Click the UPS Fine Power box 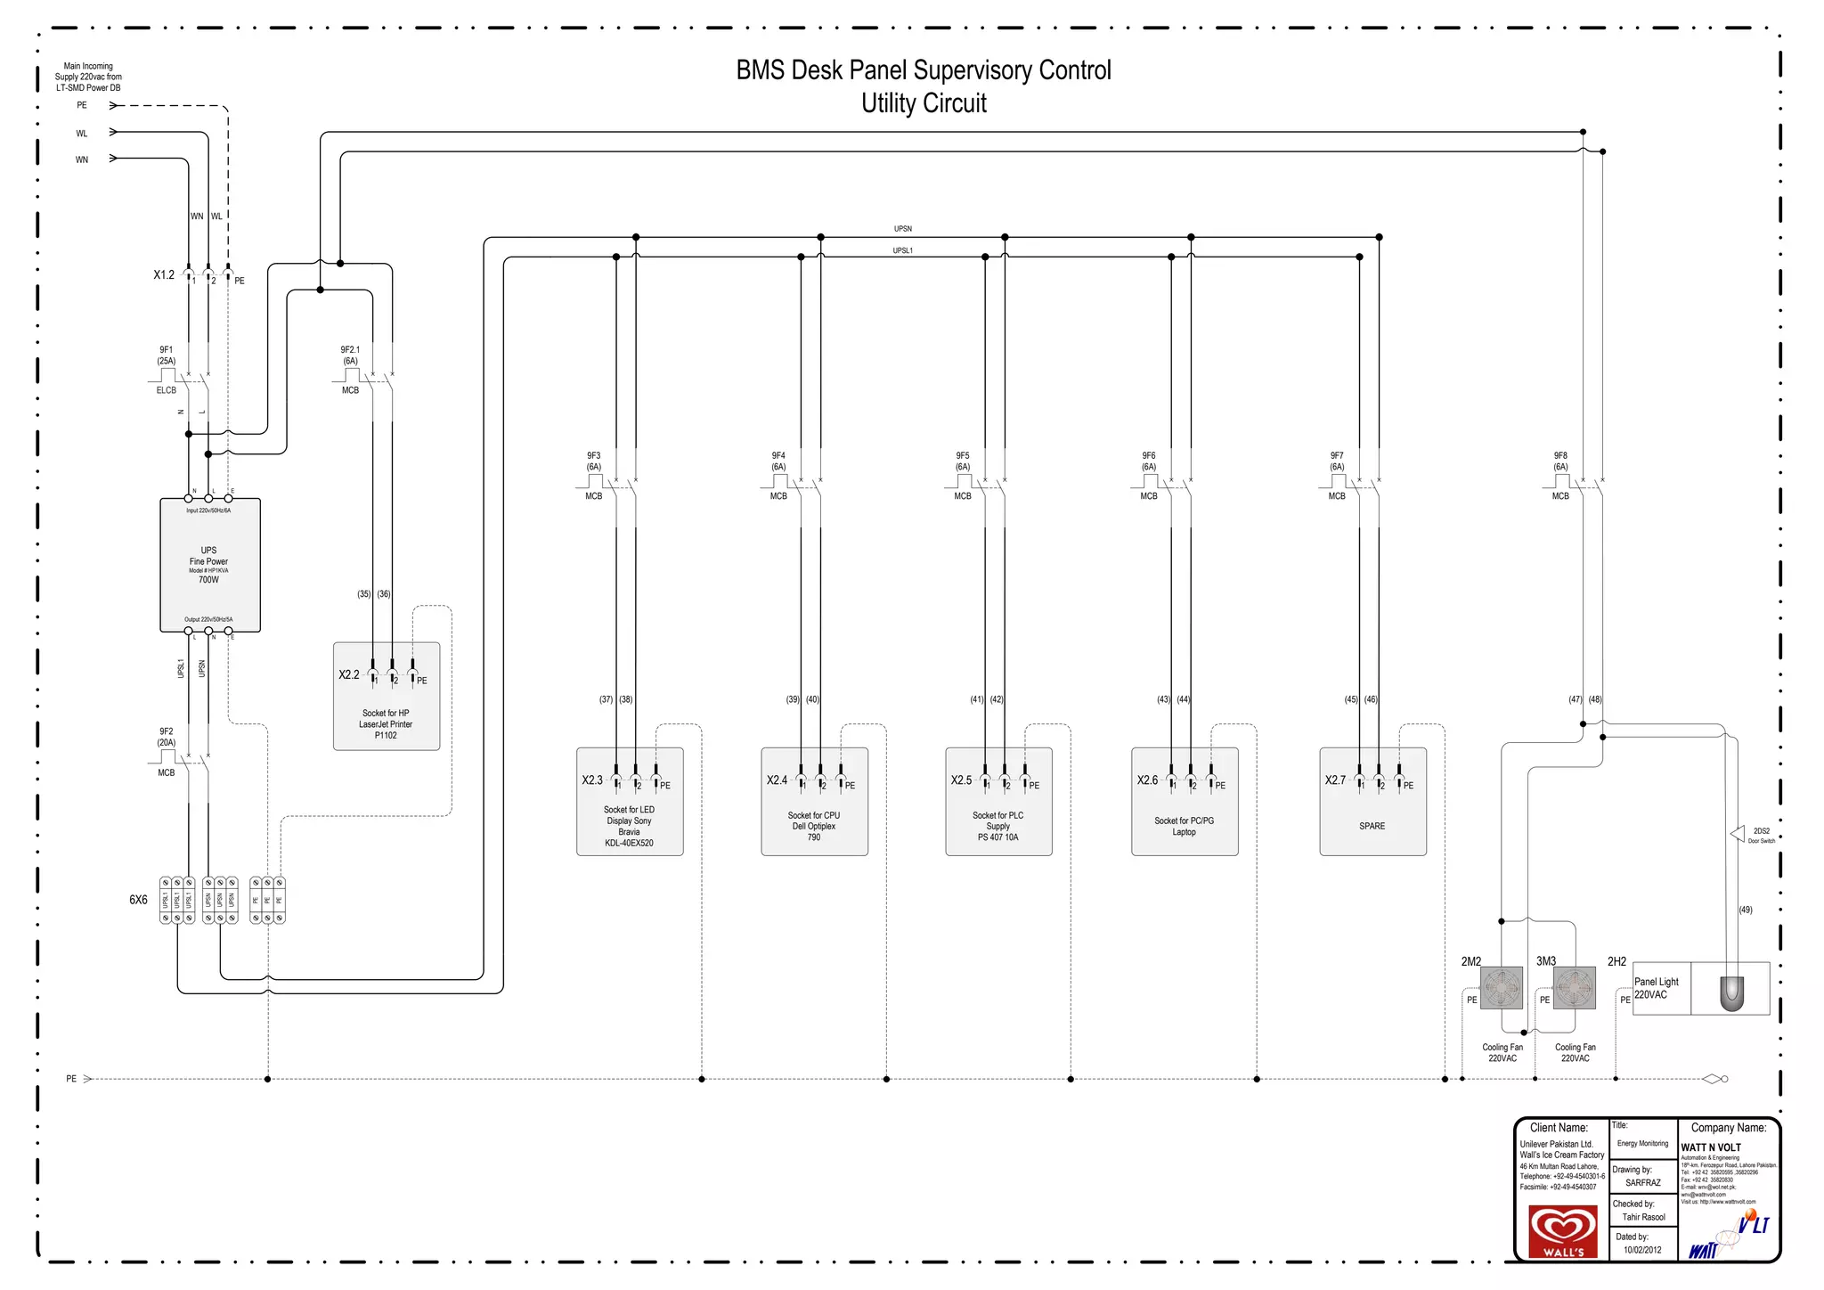(209, 565)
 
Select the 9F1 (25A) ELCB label (167, 355)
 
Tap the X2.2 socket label (349, 675)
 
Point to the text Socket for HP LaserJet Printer (386, 724)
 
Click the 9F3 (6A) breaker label (593, 461)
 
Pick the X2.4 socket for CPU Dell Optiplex (814, 802)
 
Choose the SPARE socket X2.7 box (1372, 802)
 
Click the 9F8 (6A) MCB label (1560, 461)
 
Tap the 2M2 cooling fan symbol (1502, 987)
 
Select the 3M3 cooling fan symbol (1575, 987)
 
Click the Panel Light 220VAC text (1656, 988)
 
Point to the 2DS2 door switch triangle (1738, 834)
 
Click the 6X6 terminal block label (138, 900)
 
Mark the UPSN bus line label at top (903, 229)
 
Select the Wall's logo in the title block (1563, 1231)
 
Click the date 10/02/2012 (1642, 1250)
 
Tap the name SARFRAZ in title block (1642, 1183)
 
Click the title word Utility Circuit (924, 103)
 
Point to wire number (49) (1746, 910)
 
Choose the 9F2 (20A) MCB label (167, 737)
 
